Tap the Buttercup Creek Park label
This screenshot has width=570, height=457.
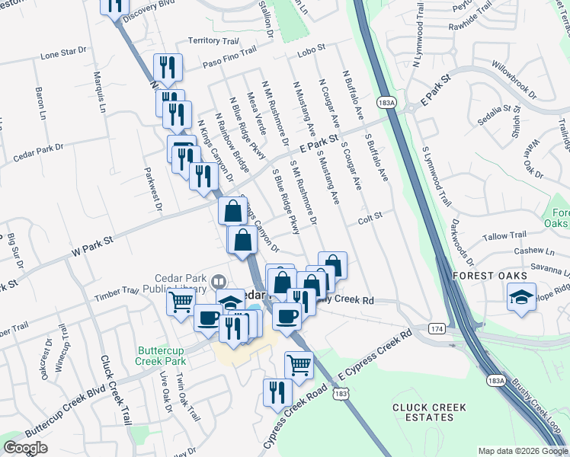(x=162, y=355)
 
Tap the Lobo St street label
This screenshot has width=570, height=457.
(x=311, y=47)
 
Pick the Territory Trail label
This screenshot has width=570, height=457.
(x=213, y=40)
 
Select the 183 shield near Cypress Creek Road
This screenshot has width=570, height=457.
(x=341, y=394)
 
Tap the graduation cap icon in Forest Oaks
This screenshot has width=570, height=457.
(x=522, y=298)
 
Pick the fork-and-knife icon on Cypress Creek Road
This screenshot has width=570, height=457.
(x=276, y=391)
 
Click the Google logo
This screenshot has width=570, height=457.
(x=25, y=449)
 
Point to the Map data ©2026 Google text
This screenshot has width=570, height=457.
(x=522, y=451)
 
